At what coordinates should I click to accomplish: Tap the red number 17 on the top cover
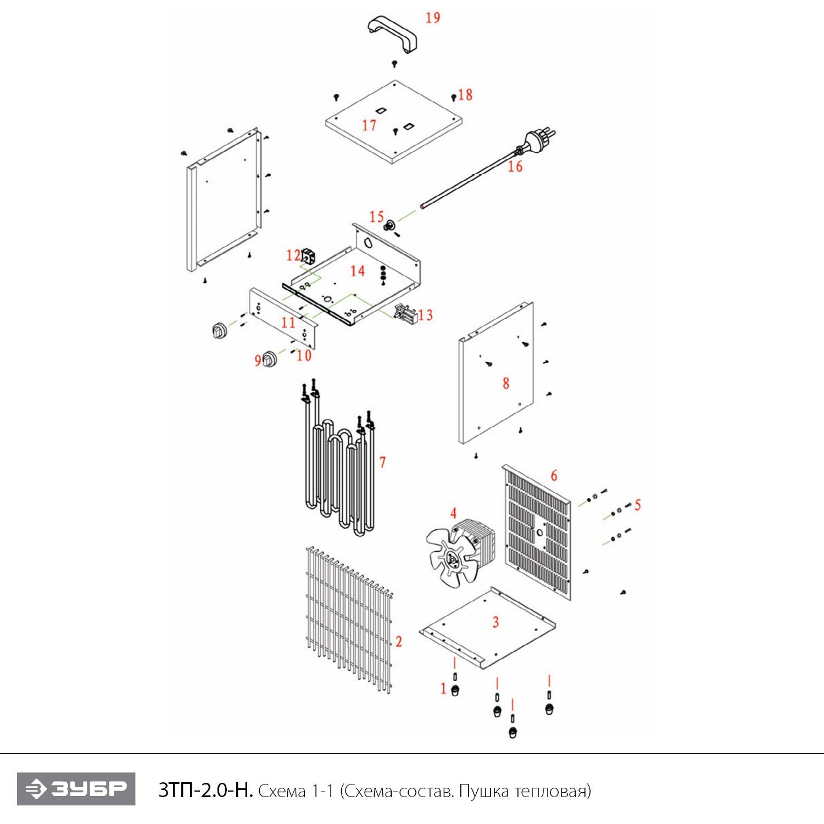pyautogui.click(x=369, y=126)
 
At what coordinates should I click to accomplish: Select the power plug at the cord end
pyautogui.click(x=539, y=139)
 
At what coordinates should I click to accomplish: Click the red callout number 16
pyautogui.click(x=515, y=166)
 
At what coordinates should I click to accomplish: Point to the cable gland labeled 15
pyautogui.click(x=390, y=225)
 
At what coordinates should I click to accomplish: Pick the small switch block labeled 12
pyautogui.click(x=309, y=255)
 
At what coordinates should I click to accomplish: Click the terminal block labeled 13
pyautogui.click(x=405, y=313)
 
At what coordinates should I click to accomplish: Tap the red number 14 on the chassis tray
pyautogui.click(x=358, y=271)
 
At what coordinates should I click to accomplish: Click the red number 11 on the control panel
pyautogui.click(x=288, y=322)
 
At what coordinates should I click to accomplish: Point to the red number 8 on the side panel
pyautogui.click(x=506, y=383)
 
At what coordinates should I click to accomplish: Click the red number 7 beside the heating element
pyautogui.click(x=382, y=463)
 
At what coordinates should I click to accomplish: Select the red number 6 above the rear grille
pyautogui.click(x=554, y=475)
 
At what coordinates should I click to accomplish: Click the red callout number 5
pyautogui.click(x=637, y=505)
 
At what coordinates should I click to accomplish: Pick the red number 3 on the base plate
pyautogui.click(x=495, y=622)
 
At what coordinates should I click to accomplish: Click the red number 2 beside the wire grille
pyautogui.click(x=399, y=642)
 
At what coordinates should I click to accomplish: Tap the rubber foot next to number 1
pyautogui.click(x=455, y=691)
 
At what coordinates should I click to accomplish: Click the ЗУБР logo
pyautogui.click(x=76, y=789)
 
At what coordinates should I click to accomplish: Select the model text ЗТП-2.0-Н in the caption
pyautogui.click(x=205, y=790)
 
